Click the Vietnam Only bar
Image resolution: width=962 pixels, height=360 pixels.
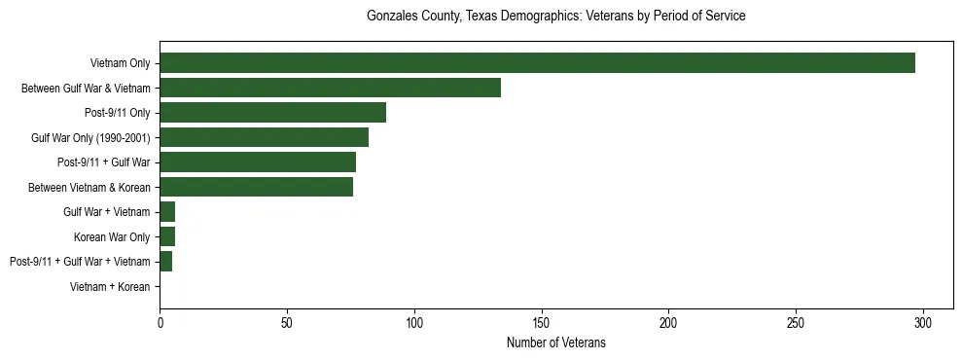point(537,63)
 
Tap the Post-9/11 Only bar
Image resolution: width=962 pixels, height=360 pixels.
point(272,113)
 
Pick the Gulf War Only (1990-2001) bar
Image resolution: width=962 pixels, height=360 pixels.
point(264,137)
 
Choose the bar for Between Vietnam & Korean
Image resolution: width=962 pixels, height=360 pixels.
point(256,187)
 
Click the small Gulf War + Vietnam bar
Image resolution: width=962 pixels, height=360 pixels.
point(167,212)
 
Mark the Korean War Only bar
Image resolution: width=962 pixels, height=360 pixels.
point(167,236)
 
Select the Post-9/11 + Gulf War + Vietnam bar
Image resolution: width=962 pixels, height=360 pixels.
point(166,262)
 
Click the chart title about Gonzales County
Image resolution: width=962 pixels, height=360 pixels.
point(555,17)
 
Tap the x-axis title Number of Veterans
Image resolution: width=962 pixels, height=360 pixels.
point(555,342)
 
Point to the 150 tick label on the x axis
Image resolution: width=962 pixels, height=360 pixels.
point(542,322)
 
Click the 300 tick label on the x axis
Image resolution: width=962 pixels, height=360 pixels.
point(923,322)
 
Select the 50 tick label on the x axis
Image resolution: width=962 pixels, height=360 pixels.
point(287,322)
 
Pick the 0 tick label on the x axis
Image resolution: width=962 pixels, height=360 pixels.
point(160,322)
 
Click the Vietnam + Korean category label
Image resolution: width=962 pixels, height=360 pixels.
point(110,287)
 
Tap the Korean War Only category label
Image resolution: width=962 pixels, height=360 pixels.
point(112,237)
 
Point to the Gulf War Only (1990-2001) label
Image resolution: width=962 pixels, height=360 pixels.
point(90,138)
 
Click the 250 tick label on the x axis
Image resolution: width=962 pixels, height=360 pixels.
point(796,322)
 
